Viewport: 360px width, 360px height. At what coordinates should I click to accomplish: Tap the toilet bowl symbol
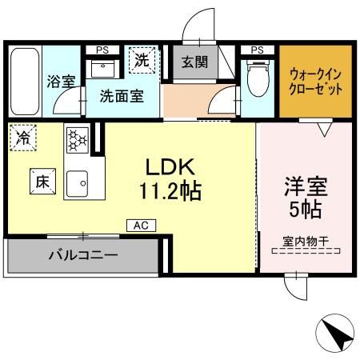[x=258, y=81]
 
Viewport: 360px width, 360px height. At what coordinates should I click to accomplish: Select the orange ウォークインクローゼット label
[x=315, y=79]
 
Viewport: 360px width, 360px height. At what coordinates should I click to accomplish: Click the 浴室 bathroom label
[x=61, y=81]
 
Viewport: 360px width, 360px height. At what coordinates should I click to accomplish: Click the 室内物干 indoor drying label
[x=306, y=240]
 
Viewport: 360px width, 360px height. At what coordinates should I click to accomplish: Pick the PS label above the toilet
[x=257, y=50]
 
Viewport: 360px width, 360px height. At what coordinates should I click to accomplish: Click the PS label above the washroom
[x=102, y=50]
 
